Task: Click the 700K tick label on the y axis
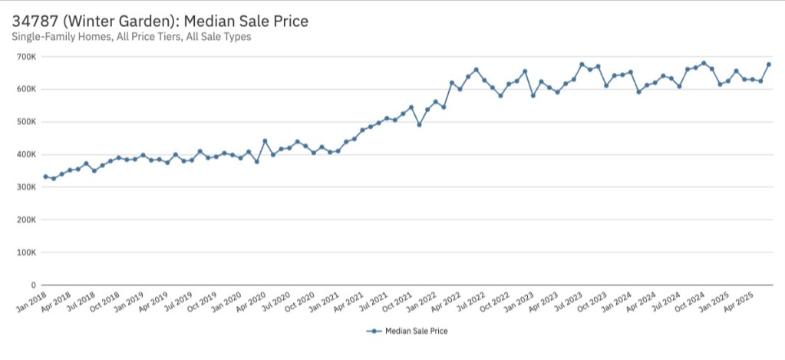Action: pos(26,57)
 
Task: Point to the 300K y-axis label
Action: pos(26,187)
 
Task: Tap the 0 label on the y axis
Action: pos(31,285)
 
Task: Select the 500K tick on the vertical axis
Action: pos(26,122)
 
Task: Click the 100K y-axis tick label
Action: pos(26,253)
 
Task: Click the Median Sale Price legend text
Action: pos(416,332)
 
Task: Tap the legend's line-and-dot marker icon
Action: pos(374,332)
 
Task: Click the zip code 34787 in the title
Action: pos(36,21)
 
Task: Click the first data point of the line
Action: pos(45,177)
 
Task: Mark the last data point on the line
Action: pos(769,64)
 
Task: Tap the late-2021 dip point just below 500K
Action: pos(419,124)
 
